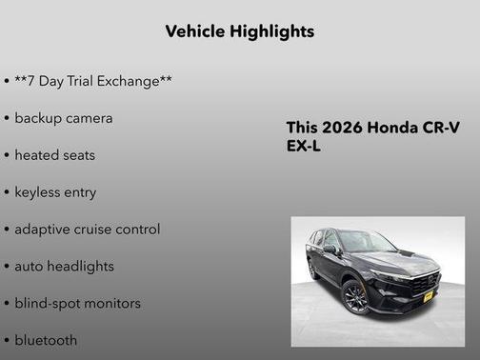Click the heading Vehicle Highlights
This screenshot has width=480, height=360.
(239, 31)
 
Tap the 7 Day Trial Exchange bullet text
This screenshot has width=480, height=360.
(93, 81)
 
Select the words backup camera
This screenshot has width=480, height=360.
(64, 118)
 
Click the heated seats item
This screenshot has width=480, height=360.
(55, 155)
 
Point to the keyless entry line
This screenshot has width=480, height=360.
(55, 192)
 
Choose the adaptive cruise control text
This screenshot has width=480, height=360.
(87, 230)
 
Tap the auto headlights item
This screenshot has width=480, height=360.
(64, 267)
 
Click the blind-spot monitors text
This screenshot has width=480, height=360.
(77, 304)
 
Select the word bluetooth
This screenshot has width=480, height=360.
(46, 340)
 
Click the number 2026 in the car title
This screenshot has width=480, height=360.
(342, 129)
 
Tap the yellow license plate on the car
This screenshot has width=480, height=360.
(428, 295)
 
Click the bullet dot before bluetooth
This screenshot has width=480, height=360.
(7, 341)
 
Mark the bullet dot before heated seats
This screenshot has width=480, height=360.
(7, 155)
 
